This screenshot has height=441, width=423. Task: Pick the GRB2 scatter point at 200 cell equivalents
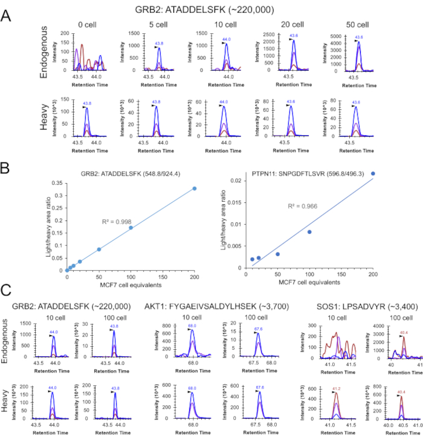195,188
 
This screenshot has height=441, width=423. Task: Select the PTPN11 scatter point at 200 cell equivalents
373,173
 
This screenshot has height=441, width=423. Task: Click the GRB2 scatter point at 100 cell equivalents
131,228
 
